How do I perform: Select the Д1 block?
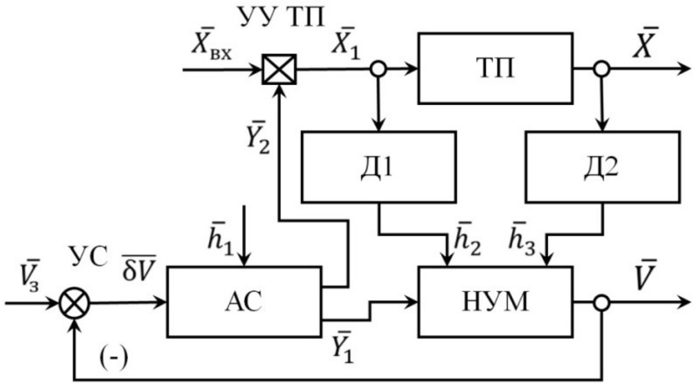coord(378,166)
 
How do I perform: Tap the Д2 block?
coord(602,166)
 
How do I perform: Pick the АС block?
coord(244,301)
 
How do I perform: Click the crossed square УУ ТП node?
coord(279,69)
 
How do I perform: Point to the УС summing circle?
coord(75,303)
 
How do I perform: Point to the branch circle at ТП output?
coord(602,70)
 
